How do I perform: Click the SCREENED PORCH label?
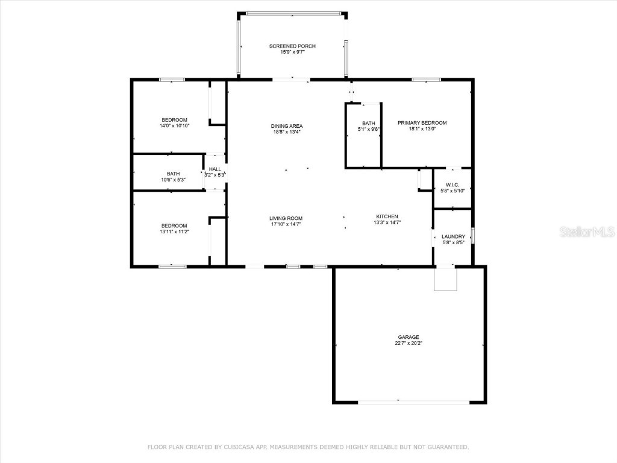tap(292, 46)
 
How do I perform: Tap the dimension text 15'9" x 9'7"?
tap(292, 52)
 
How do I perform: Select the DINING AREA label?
tap(286, 125)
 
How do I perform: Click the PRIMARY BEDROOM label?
tap(422, 122)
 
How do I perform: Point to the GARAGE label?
tap(408, 337)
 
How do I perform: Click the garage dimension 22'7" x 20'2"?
tap(408, 344)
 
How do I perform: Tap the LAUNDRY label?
tap(453, 236)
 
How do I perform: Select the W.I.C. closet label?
tap(453, 184)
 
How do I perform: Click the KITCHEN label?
tap(387, 216)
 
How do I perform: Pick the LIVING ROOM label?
tap(286, 218)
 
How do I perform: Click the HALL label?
tap(215, 169)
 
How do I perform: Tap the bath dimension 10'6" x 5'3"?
tap(173, 180)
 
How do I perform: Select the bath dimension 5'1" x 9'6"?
tap(368, 129)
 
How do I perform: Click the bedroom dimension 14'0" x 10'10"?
tap(174, 126)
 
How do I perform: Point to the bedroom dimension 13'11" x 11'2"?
tap(174, 232)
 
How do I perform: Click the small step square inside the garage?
tap(446, 279)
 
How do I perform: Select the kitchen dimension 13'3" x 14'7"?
tap(387, 222)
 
